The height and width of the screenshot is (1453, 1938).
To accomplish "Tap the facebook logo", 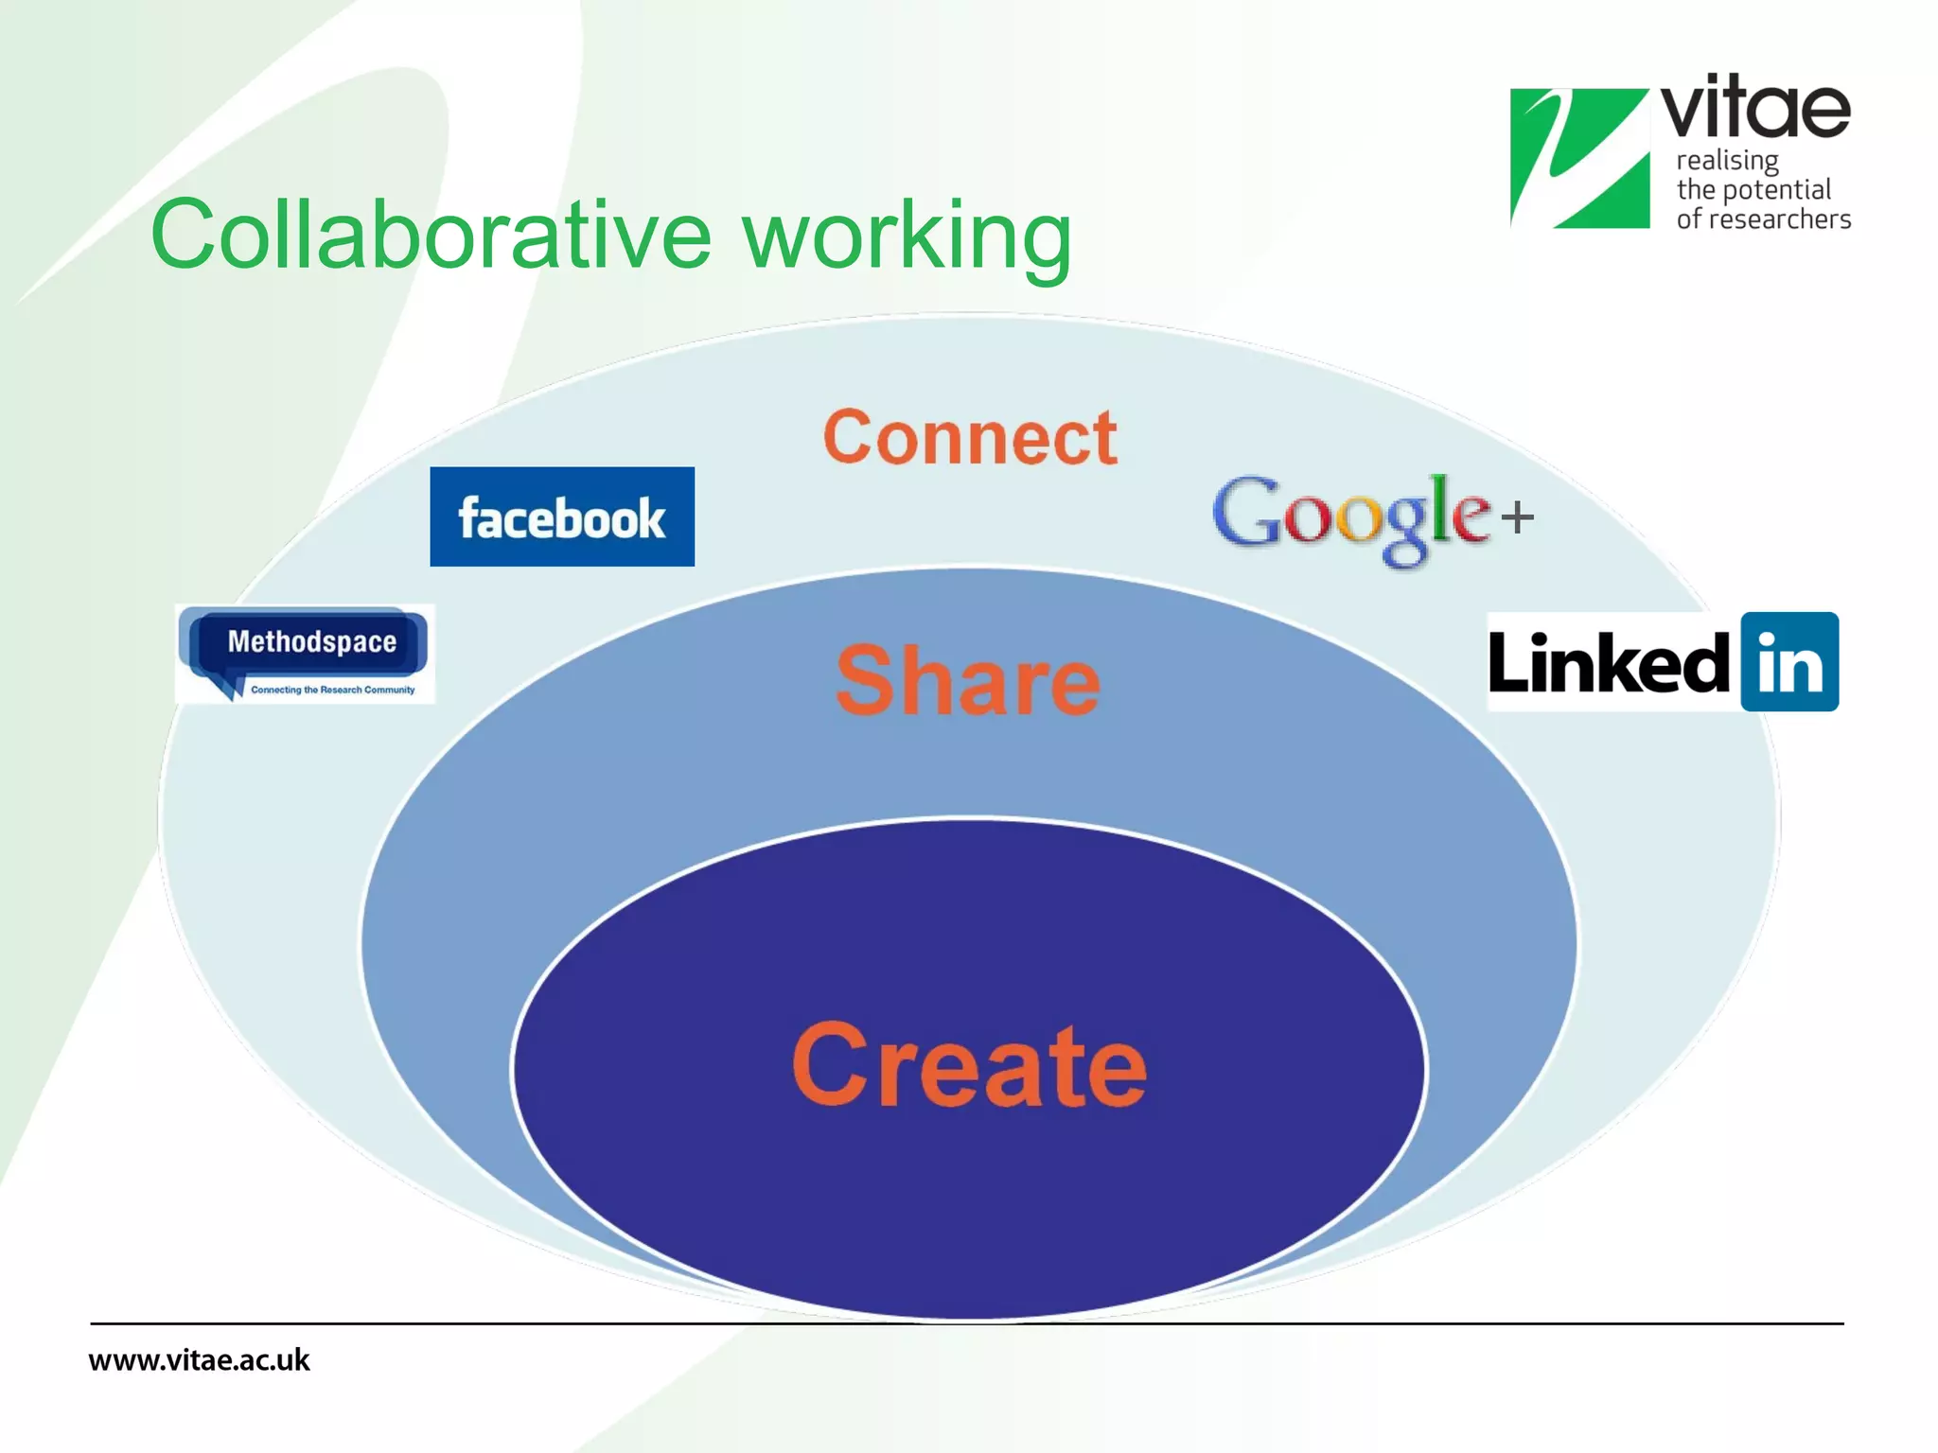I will [562, 516].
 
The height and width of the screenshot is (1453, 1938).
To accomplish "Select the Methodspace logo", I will [306, 653].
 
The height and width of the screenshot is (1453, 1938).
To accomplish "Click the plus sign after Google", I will [1517, 517].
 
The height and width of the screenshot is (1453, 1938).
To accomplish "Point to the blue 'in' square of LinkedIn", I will [1788, 662].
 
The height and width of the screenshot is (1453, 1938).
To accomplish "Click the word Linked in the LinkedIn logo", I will [1609, 664].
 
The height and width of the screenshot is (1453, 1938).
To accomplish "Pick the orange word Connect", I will [970, 438].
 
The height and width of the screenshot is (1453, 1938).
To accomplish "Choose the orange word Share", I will [968, 680].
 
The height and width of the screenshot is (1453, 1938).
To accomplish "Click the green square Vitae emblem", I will [1579, 158].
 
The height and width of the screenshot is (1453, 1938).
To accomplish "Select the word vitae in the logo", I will [1755, 108].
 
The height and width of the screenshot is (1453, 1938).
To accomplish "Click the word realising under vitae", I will [1727, 161].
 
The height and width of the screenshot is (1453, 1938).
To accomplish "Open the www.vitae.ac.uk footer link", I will [199, 1360].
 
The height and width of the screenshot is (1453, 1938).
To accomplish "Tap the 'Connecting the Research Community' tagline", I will [332, 690].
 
